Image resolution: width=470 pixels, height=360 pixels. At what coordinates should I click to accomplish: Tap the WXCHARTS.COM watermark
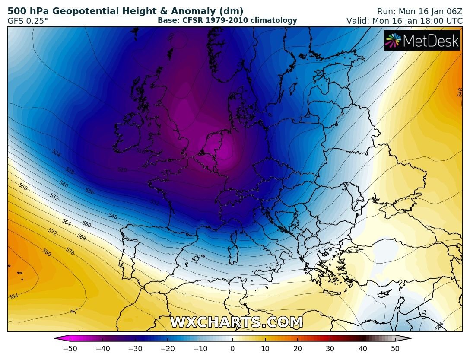click(x=236, y=322)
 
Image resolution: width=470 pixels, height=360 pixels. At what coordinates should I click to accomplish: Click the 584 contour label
click(x=13, y=297)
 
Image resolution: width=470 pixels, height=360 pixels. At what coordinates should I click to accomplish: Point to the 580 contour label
click(x=47, y=252)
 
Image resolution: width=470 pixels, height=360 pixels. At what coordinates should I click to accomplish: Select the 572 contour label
click(x=52, y=233)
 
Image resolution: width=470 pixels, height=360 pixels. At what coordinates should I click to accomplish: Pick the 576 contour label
click(x=70, y=251)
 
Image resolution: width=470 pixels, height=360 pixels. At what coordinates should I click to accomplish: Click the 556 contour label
click(x=23, y=187)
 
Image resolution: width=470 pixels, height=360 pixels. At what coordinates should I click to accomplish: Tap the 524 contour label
click(x=56, y=153)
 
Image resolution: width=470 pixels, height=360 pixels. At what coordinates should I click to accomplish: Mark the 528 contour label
click(x=70, y=171)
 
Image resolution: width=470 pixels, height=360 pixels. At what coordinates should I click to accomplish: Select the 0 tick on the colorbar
click(x=232, y=349)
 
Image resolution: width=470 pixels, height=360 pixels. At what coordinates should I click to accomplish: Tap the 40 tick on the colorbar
click(x=363, y=349)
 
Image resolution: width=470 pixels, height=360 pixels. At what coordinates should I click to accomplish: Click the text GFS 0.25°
click(x=28, y=20)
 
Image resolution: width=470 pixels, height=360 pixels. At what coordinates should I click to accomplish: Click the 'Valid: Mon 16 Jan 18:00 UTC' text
click(x=404, y=20)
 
